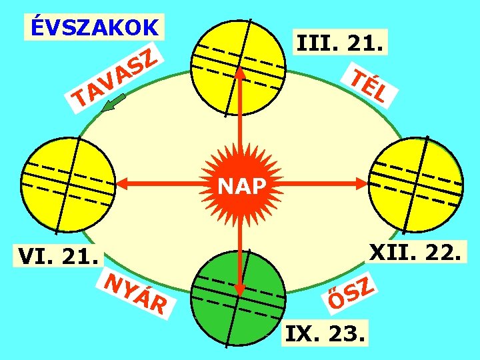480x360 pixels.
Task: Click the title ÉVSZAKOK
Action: (x=94, y=27)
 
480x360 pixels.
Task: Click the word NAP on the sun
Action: (x=241, y=186)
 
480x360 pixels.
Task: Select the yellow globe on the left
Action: (x=65, y=185)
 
